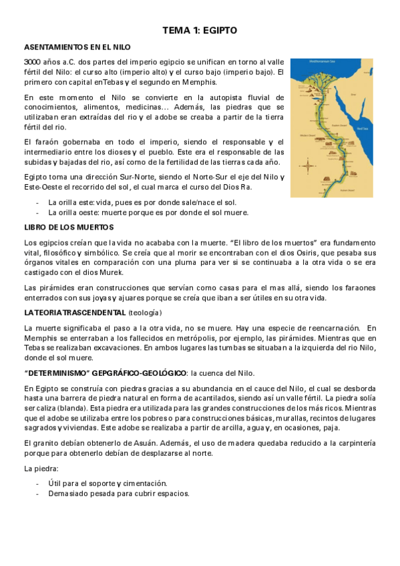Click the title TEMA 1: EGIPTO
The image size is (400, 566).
tap(200, 30)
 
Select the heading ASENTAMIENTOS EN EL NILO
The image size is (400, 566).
tap(77, 48)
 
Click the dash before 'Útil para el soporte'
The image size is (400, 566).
tap(38, 483)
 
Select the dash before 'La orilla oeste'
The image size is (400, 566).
tap(38, 213)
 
